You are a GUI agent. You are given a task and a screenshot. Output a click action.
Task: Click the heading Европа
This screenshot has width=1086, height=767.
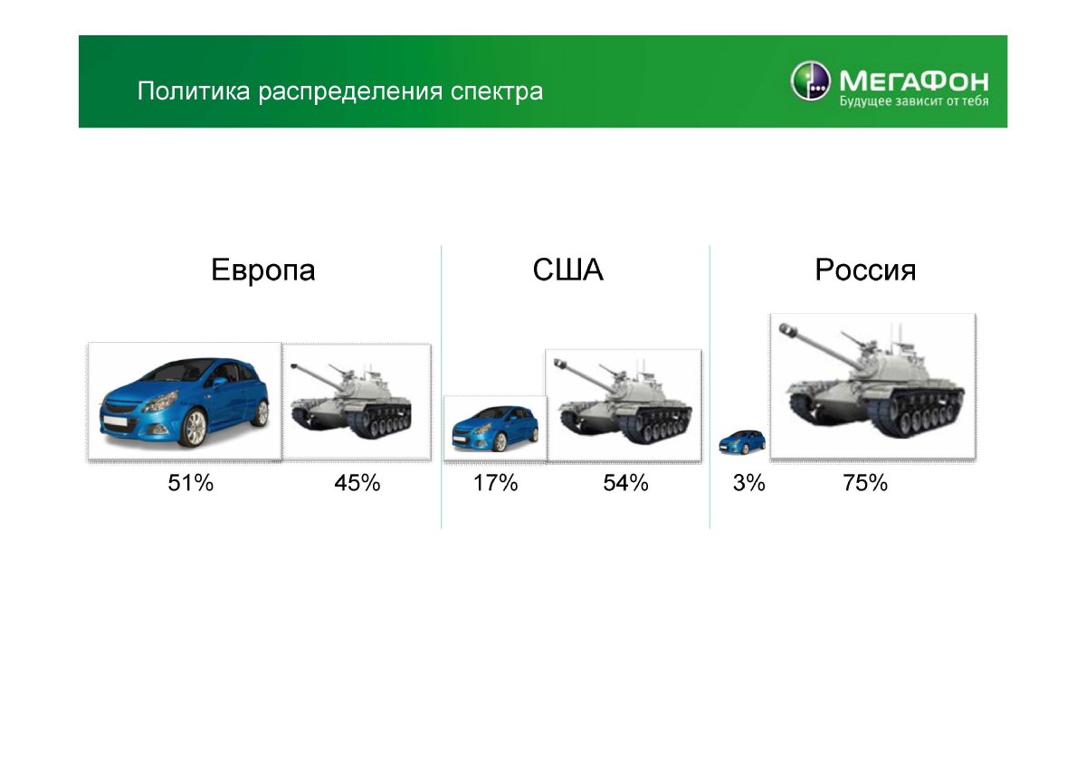coord(263,270)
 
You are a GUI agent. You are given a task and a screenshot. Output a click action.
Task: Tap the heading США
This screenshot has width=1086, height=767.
coord(567,270)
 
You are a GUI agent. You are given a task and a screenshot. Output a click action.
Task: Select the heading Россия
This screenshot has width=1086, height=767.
coord(865,270)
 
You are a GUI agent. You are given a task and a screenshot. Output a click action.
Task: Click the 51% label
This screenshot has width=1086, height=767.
coord(191,483)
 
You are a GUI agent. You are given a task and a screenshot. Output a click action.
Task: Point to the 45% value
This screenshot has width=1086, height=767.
coord(357,483)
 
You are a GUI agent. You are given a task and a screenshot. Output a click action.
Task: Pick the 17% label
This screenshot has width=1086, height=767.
coord(496,483)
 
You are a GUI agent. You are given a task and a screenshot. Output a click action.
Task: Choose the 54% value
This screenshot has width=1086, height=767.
coord(625,483)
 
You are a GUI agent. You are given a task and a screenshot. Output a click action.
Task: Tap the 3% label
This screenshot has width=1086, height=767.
coord(749,483)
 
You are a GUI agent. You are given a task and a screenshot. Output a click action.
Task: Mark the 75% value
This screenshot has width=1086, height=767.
coord(865,483)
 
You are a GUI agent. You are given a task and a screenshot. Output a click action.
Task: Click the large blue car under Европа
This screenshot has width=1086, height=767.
coord(185,402)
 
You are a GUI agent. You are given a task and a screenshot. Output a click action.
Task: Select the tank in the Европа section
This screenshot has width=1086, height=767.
coord(351,402)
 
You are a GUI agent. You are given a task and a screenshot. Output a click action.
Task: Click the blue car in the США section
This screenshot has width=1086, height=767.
coord(495,429)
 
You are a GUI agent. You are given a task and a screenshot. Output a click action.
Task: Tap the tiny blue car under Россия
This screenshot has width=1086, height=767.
coord(742,442)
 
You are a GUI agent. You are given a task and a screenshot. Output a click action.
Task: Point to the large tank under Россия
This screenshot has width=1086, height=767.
coord(872,382)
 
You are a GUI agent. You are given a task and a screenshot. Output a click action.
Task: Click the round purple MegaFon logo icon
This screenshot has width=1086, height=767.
coord(810,80)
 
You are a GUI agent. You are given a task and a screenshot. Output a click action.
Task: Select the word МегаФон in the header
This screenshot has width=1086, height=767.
coord(914,80)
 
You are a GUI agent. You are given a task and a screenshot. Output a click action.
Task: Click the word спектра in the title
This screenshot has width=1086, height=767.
coord(497,92)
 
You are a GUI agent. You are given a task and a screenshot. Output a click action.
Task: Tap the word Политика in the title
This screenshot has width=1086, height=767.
coord(194,90)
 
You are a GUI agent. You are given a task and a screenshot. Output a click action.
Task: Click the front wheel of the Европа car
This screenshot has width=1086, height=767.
coord(195,427)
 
